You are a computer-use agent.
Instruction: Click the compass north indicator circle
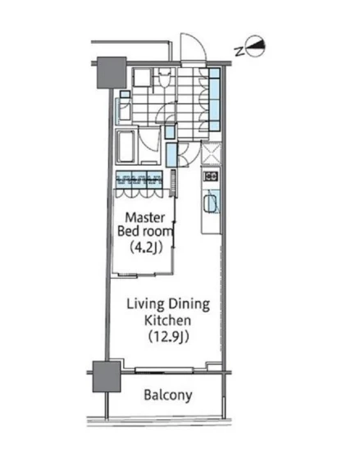tap(255, 46)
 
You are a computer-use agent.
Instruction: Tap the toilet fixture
tap(164, 78)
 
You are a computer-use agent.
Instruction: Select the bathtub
tap(126, 147)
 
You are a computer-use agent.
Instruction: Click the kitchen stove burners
tap(211, 176)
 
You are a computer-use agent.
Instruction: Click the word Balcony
tap(168, 395)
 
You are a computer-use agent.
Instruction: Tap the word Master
tap(145, 218)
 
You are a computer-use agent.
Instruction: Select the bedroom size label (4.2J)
tap(145, 248)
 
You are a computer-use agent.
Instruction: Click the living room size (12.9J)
tap(169, 337)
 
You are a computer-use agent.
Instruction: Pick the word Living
tap(145, 304)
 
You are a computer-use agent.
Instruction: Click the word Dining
tap(189, 304)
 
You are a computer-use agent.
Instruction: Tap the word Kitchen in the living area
tap(168, 320)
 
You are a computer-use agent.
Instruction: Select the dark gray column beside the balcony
tap(107, 376)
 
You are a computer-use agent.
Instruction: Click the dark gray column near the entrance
tap(112, 72)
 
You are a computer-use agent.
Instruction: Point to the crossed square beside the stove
tap(212, 154)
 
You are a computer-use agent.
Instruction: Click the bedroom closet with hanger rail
tap(139, 180)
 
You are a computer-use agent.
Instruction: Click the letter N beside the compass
tap(239, 52)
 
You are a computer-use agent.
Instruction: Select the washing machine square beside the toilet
tap(142, 77)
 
